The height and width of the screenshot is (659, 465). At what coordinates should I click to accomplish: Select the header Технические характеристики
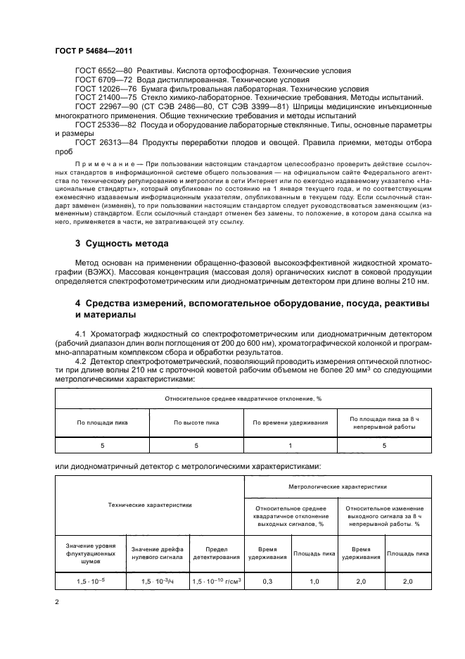[149, 505]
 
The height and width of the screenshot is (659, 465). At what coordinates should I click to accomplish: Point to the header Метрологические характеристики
[337, 486]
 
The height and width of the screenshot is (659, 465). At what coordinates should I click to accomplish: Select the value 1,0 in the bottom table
[314, 582]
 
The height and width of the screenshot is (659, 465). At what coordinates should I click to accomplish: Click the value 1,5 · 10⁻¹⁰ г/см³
[216, 582]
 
